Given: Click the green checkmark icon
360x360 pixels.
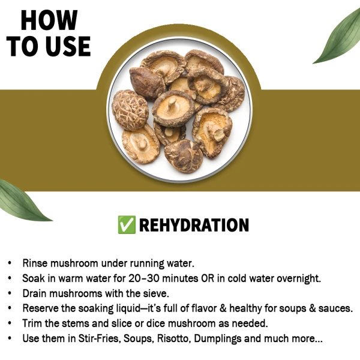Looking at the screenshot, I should (127, 225).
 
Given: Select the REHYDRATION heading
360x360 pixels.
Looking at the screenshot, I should (194, 225).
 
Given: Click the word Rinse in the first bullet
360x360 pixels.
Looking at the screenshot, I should (37, 263).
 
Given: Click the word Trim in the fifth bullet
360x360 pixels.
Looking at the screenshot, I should (34, 323).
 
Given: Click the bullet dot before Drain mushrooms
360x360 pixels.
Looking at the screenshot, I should (10, 293).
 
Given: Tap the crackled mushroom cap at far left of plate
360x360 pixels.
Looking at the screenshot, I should (130, 109).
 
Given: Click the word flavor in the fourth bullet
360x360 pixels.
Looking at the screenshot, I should (208, 308).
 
